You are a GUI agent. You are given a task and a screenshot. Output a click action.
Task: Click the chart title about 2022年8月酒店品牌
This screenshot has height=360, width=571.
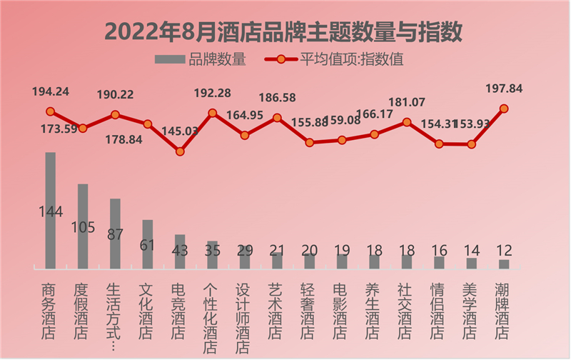click(x=283, y=31)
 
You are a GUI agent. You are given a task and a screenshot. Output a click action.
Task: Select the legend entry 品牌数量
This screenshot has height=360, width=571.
click(x=201, y=60)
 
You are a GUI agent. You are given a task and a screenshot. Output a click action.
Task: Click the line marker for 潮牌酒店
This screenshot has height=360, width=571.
click(x=504, y=109)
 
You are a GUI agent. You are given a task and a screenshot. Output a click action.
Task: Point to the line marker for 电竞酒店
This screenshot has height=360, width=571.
click(x=180, y=151)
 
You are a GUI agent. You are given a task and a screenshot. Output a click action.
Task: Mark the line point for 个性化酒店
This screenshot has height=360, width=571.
click(x=212, y=113)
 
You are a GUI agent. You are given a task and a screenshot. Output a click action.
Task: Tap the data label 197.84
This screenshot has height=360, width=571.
click(x=503, y=89)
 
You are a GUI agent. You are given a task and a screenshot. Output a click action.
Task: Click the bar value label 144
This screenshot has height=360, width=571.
click(x=51, y=211)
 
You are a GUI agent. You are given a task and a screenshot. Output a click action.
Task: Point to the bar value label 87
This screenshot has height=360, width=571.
click(x=115, y=234)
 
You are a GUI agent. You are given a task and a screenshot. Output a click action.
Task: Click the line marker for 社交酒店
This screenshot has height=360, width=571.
click(x=407, y=122)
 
